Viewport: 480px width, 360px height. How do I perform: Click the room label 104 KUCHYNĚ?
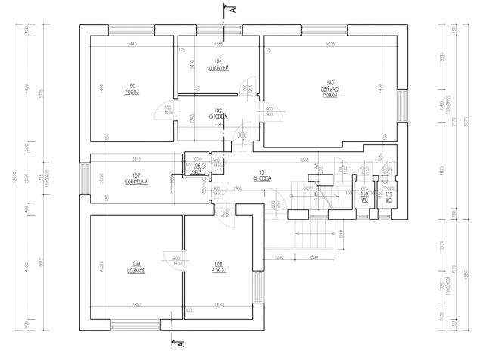tap(218, 64)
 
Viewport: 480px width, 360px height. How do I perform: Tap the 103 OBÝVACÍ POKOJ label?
tap(330, 89)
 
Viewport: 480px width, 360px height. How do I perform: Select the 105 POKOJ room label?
tap(132, 88)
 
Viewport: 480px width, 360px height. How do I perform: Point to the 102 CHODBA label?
tap(218, 113)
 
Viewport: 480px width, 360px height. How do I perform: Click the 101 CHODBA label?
tap(262, 175)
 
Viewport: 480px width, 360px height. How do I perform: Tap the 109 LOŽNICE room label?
tap(136, 267)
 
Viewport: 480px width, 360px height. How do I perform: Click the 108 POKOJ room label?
tap(219, 267)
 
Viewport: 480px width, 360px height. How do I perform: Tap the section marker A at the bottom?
tap(181, 344)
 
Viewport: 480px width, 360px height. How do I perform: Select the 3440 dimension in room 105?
tap(132, 45)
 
